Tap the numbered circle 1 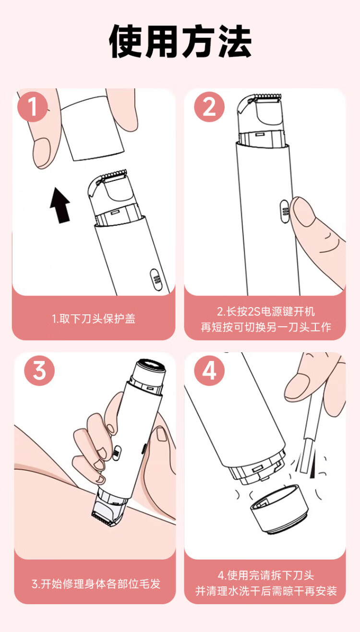coord(33,107)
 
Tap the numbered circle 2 coord(209,107)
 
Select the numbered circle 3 coord(39,370)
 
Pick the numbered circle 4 coord(209,370)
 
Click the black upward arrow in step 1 coord(60,205)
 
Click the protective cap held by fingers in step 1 coord(92,129)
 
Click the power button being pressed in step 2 coord(284,212)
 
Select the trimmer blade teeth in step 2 coord(266,97)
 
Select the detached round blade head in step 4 coord(279,509)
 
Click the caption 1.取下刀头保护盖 coord(94,319)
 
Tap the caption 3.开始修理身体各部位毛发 coord(96,584)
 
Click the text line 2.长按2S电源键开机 coord(266,311)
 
